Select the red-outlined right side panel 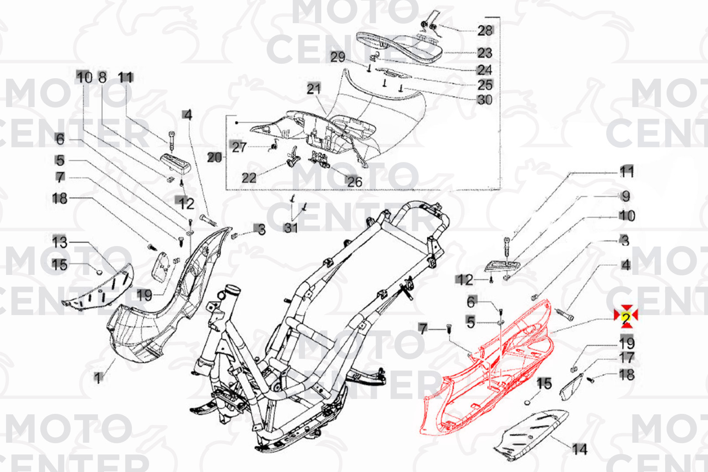489,376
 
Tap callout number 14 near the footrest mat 580,449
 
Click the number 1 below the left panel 98,377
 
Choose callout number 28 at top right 485,31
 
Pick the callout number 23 485,53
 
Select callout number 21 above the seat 313,89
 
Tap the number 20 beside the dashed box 214,157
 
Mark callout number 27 239,147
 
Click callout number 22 249,177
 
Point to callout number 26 354,181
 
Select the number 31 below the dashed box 291,228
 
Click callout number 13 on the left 60,242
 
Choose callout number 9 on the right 626,196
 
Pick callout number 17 627,358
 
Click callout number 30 485,100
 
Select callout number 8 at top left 102,77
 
